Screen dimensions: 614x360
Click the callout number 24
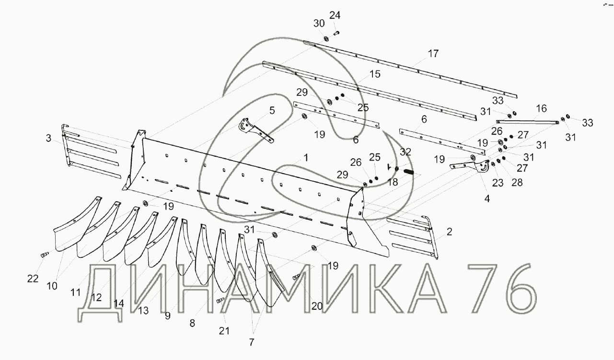[x=335, y=15]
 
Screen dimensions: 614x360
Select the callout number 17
[x=433, y=54]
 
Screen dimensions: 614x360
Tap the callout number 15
[x=375, y=74]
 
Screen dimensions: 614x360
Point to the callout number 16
[x=541, y=109]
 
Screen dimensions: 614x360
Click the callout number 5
[x=272, y=111]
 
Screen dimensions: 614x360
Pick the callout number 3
[x=49, y=139]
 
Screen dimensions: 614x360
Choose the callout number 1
[x=306, y=157]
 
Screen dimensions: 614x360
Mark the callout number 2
[x=449, y=232]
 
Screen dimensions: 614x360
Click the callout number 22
[x=33, y=279]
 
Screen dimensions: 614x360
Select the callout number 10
[x=52, y=286]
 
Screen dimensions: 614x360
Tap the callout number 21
[x=224, y=330]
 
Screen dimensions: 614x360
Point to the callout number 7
[x=252, y=342]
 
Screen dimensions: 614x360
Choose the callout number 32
[x=405, y=152]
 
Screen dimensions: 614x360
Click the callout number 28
[x=517, y=183]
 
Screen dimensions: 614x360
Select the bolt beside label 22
[x=44, y=255]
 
